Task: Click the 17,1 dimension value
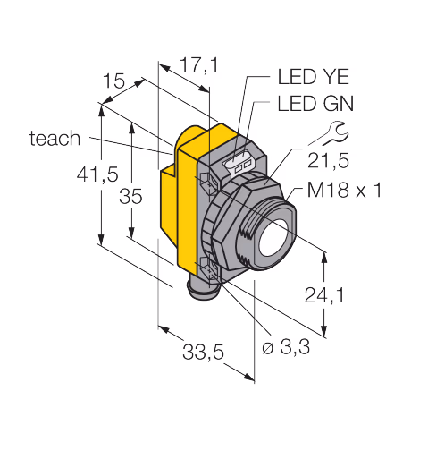click(199, 65)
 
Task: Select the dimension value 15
click(113, 81)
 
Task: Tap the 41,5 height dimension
click(97, 174)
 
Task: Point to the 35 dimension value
click(130, 197)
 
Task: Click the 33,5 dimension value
click(203, 352)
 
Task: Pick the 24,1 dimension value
click(324, 295)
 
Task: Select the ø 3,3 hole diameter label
click(286, 347)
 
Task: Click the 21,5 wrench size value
click(328, 161)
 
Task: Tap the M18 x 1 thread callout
click(344, 190)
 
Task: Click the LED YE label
click(313, 77)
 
